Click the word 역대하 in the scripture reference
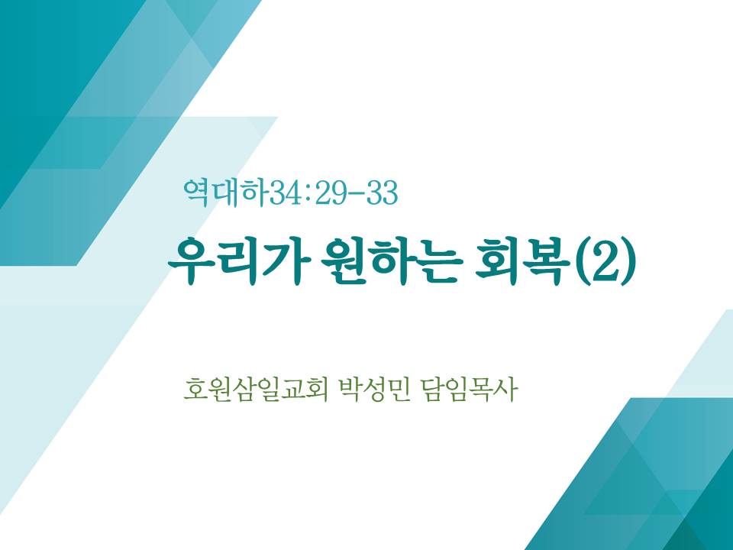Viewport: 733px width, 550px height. point(227,192)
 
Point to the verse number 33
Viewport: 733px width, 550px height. point(383,192)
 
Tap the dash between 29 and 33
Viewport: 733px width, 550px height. point(357,193)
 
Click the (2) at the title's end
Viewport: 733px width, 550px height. point(605,261)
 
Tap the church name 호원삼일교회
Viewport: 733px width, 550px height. point(255,390)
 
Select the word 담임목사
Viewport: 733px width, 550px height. point(469,390)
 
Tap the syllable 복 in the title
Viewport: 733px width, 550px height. point(547,261)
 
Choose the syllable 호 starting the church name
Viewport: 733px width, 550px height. point(195,390)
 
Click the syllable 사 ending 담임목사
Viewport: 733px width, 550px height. point(505,390)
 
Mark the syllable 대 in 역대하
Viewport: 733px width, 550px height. point(227,192)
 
